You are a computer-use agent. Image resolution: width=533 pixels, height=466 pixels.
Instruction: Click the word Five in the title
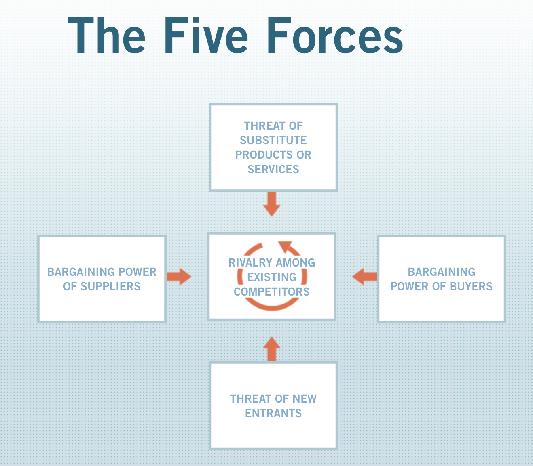coord(206,35)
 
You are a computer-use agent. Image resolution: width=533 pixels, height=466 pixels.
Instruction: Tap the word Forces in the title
coord(335,35)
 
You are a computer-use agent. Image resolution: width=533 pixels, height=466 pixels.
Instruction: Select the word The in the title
coord(106,35)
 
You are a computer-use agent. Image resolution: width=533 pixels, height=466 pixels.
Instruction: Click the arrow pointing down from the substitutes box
coord(272,204)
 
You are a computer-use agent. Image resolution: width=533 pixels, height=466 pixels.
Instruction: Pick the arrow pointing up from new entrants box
coord(272,349)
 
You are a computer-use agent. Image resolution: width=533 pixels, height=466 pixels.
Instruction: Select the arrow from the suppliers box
coord(179,277)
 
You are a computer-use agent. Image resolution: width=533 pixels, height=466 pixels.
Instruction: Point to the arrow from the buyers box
coord(364,277)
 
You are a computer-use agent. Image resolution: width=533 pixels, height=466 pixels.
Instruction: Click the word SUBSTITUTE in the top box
coord(273,140)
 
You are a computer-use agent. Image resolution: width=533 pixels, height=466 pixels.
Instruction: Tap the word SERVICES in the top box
coord(273,169)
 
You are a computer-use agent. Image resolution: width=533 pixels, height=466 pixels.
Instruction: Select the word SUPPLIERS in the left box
coord(110,286)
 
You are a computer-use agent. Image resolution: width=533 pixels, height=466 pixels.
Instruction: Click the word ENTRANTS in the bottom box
coord(273,413)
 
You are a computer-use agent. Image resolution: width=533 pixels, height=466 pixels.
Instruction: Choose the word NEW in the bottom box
coord(305,399)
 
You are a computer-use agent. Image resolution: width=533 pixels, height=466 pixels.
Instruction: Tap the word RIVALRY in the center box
coord(250,262)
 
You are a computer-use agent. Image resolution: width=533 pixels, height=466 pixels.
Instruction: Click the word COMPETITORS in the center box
coord(271,292)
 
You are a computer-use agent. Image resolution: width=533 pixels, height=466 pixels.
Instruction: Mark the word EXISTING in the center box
coord(272,277)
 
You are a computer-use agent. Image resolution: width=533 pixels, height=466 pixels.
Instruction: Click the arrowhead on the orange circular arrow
coord(285,246)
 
